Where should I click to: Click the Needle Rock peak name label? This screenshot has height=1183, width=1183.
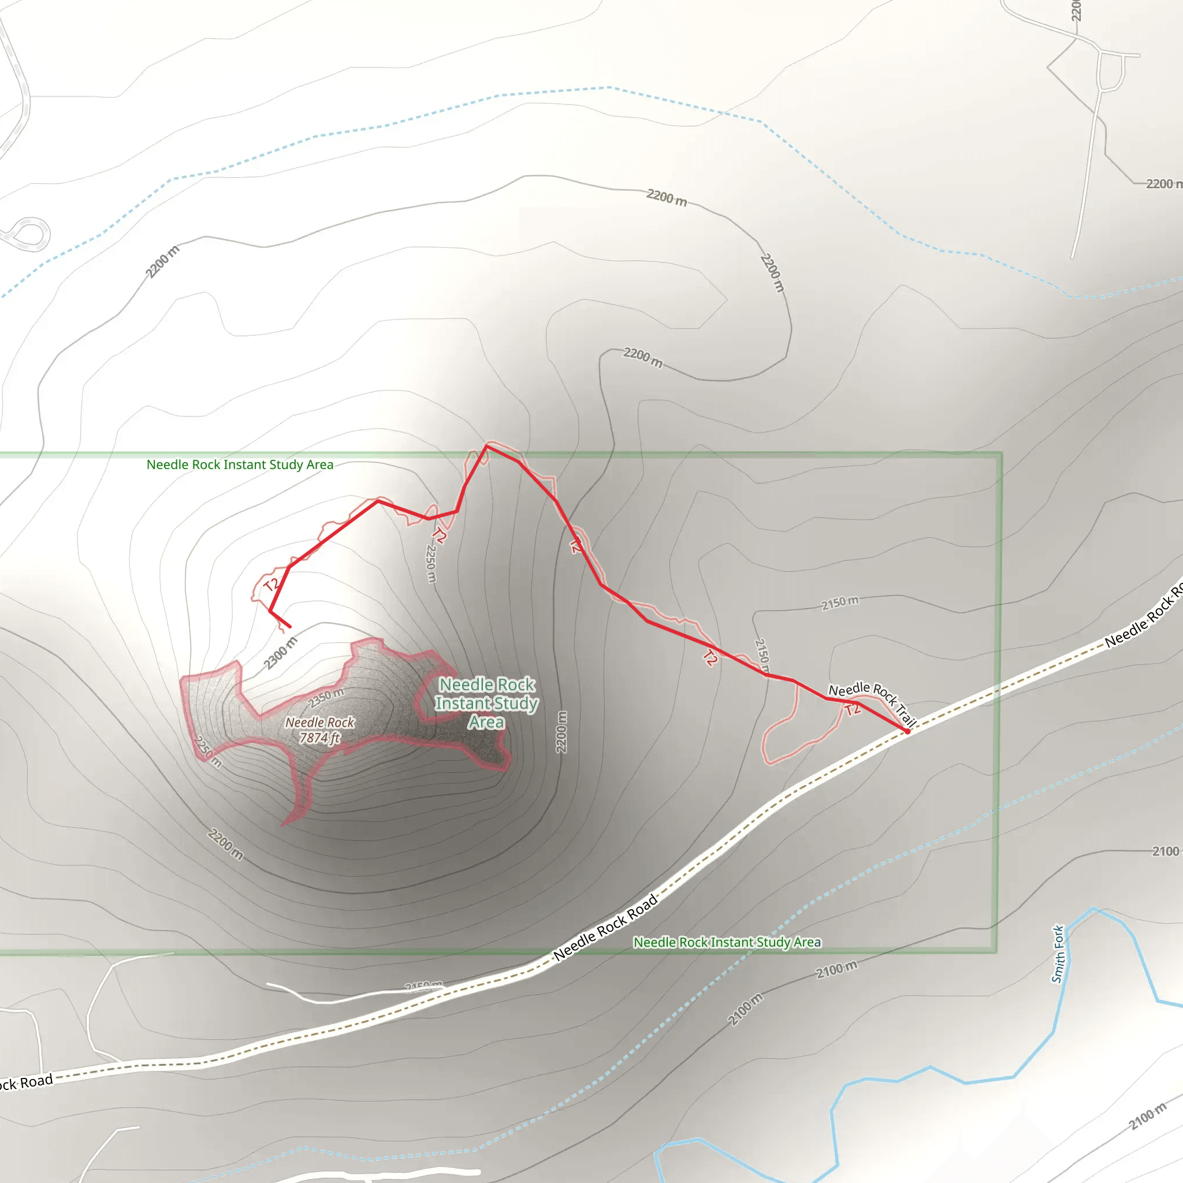pos(319,723)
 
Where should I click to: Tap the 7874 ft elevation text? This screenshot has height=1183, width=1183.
pos(319,738)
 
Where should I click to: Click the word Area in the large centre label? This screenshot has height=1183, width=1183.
pos(486,723)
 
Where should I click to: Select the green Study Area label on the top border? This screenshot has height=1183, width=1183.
pos(240,465)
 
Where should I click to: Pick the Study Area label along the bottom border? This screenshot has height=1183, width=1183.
pos(727,942)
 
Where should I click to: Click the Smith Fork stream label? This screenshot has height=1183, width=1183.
pos(1058,954)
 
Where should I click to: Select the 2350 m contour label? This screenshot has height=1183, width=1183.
pos(326,697)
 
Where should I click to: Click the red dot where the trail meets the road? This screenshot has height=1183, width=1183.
pos(907,731)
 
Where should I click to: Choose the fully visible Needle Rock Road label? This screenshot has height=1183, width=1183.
pos(605,927)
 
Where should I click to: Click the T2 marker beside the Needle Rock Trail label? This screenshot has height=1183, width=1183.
pos(853,710)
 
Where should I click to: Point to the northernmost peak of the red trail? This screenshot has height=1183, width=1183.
pos(487,446)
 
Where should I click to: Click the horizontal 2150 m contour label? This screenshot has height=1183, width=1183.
pos(839,602)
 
